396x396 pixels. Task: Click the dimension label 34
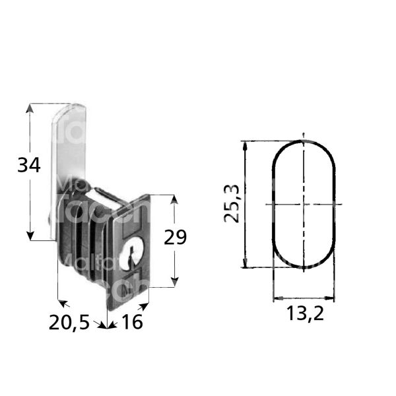tap(29, 166)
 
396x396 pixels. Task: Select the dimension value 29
tap(175, 238)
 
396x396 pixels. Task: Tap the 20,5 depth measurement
tap(69, 323)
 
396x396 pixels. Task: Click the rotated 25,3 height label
tap(232, 205)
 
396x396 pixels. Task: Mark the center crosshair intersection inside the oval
tap(304, 205)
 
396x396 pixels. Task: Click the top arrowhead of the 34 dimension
tap(30, 108)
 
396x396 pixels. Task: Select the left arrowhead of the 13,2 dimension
tap(276, 297)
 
